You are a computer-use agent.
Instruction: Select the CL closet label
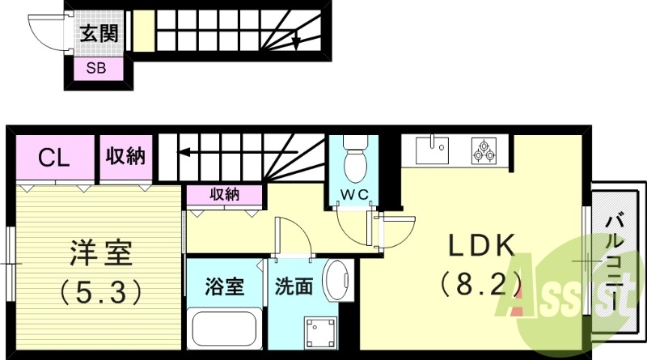tap(55, 157)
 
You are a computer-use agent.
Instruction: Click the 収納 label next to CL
tap(125, 156)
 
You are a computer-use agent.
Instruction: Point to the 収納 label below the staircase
tap(224, 194)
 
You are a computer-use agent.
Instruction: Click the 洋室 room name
tap(97, 253)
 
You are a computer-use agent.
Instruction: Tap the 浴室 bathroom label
tap(224, 287)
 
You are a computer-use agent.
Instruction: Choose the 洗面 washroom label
tap(294, 287)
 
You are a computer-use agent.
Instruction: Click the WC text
tap(355, 194)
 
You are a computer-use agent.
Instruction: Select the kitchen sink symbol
tap(432, 149)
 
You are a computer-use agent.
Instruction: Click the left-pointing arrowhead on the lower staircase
tap(184, 151)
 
